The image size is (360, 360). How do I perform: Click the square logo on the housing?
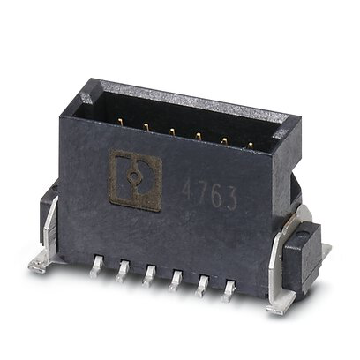[134, 179]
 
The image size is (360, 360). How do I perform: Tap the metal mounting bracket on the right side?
[281, 276]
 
